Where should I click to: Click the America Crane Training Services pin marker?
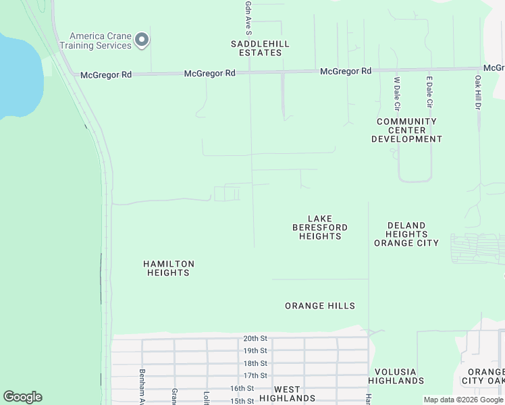(x=142, y=40)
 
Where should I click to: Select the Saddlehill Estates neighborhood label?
(x=260, y=49)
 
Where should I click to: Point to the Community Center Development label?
(x=406, y=130)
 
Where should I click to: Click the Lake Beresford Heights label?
(x=320, y=227)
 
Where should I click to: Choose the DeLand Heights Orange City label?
(x=406, y=234)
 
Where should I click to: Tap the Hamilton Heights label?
(x=169, y=268)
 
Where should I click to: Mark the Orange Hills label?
(x=320, y=306)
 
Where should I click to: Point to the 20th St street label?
(x=255, y=339)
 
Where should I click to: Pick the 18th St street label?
(x=255, y=363)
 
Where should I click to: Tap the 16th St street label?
(x=241, y=389)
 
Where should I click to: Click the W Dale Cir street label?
(x=397, y=94)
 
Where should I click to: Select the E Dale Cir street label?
(x=429, y=92)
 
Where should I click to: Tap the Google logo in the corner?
(x=22, y=397)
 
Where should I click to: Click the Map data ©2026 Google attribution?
(x=463, y=400)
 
